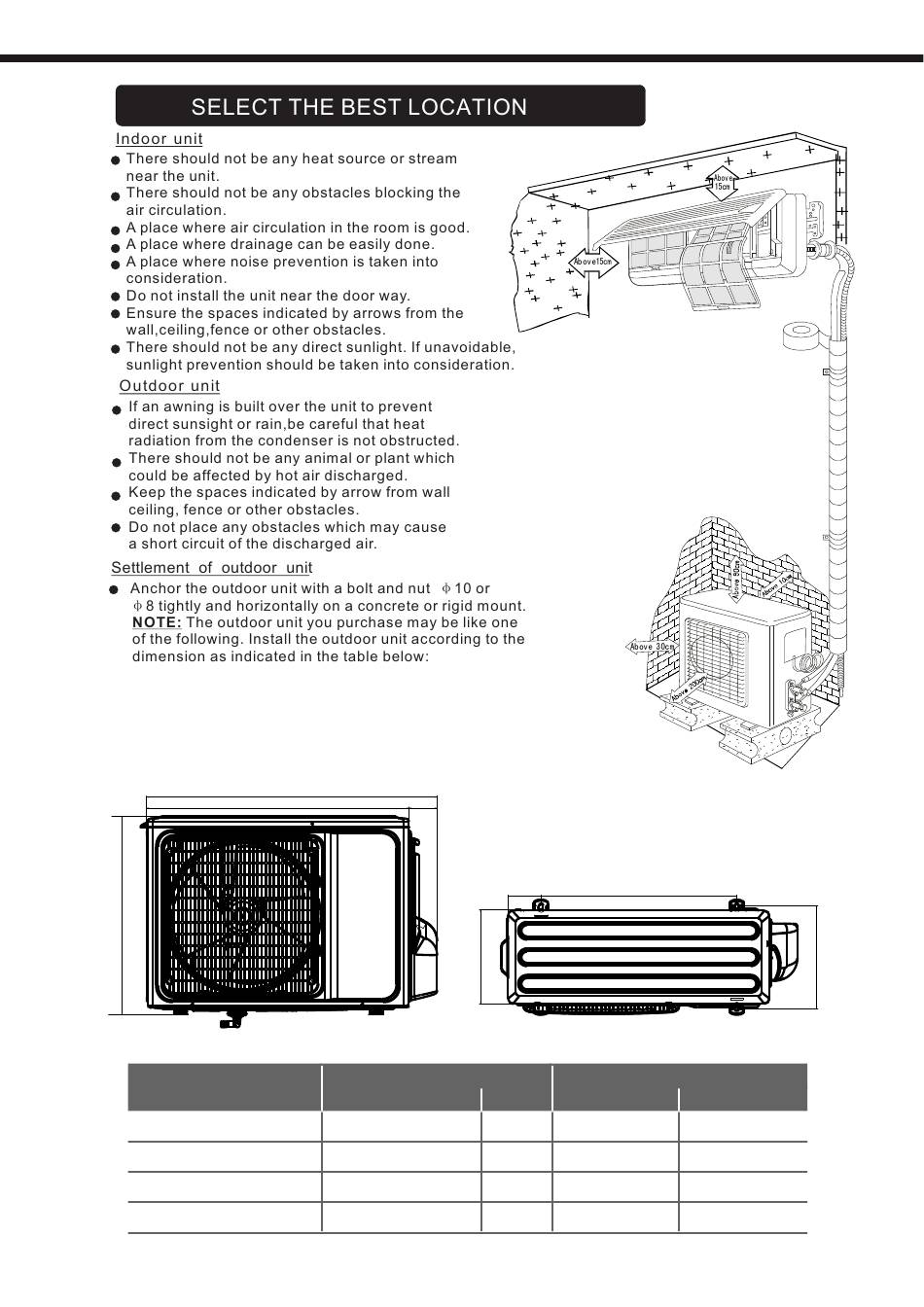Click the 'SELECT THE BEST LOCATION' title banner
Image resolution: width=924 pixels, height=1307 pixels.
click(379, 106)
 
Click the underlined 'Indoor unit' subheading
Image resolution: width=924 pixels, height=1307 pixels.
click(159, 139)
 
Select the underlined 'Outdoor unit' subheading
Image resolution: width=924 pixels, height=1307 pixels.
click(169, 386)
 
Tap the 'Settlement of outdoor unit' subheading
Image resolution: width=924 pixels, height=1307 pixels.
click(211, 568)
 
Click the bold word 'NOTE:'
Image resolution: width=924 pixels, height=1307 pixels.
click(156, 622)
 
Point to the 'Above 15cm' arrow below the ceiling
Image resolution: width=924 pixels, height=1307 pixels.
click(723, 181)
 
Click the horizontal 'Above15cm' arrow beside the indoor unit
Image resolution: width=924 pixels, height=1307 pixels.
click(593, 262)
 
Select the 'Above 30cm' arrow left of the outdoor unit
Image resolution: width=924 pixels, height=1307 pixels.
click(652, 647)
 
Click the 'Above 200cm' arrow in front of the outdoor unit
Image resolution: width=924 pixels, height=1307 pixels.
click(686, 689)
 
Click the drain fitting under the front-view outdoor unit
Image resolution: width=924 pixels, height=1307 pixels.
click(231, 1020)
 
